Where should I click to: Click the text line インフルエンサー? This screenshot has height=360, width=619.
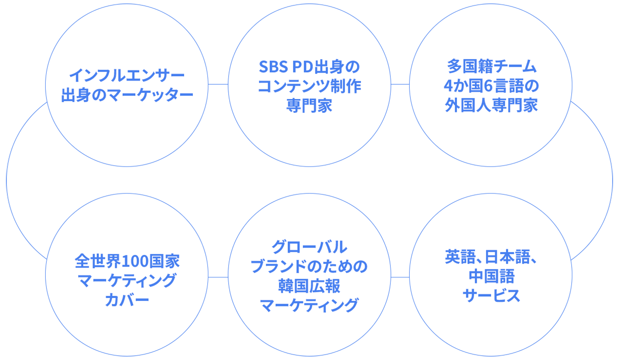(x=127, y=76)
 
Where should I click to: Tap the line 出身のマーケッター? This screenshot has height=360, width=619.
(x=127, y=95)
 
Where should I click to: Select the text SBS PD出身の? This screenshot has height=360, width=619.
(x=309, y=67)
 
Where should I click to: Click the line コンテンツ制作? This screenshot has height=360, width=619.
(x=309, y=86)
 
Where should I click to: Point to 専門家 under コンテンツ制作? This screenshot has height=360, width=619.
(x=309, y=106)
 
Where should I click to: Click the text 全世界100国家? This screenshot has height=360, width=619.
(x=127, y=261)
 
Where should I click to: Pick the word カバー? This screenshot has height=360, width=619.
(x=127, y=300)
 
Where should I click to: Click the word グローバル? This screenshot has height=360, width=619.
(x=309, y=246)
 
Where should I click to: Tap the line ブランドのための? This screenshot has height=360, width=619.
(x=309, y=266)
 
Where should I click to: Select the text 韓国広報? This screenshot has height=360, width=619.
(x=309, y=285)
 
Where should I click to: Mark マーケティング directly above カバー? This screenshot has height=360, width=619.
(x=127, y=280)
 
